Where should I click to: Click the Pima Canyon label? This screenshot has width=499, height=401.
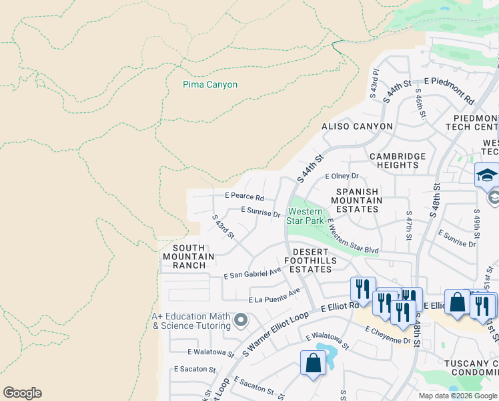(210, 85)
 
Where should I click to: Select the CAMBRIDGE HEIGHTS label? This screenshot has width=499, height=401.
(398, 161)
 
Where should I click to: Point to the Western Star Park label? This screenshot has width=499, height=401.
(305, 216)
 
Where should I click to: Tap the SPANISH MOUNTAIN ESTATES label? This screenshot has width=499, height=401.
(356, 200)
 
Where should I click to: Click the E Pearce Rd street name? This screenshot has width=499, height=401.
(244, 198)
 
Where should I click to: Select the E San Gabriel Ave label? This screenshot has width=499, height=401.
(253, 273)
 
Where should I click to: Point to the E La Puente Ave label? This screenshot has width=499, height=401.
(275, 297)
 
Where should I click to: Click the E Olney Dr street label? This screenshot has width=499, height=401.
(342, 176)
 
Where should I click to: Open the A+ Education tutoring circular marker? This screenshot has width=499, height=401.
(241, 321)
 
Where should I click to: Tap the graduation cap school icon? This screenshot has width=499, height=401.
(487, 175)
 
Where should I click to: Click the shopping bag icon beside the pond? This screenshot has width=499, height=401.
(313, 364)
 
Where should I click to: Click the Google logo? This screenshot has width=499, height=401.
(22, 393)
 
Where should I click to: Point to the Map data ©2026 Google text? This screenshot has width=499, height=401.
(458, 396)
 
